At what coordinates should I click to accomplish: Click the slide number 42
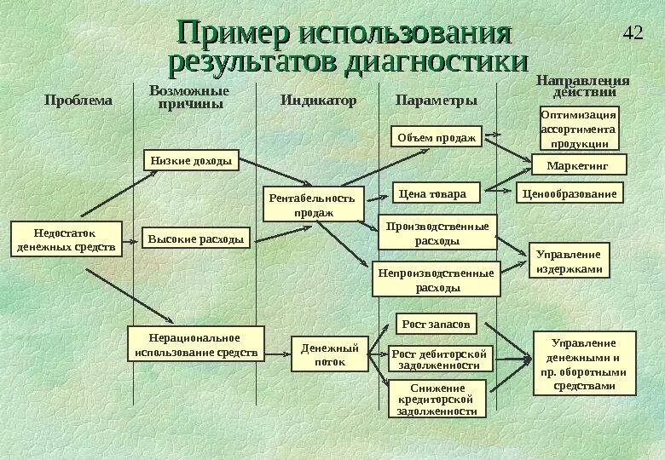pos(633,34)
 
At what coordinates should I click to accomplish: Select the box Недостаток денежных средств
pos(66,239)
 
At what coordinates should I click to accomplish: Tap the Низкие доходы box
pos(191,161)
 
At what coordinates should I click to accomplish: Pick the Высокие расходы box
pos(196,239)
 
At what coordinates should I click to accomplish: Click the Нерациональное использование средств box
pos(195,345)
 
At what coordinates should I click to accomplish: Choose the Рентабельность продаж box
pos(313,204)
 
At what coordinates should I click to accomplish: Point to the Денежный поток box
pos(330,354)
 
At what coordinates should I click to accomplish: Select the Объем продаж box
pos(437,137)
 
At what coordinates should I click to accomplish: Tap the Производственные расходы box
pos(437,233)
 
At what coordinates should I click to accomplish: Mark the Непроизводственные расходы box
pos(437,280)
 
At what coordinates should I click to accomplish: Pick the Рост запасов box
pos(437,325)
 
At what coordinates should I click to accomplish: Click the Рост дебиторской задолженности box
pos(441,359)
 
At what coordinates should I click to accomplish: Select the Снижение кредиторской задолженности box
pos(437,399)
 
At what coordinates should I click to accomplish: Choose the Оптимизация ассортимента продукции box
pos(580,129)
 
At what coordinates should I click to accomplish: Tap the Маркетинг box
pos(580,164)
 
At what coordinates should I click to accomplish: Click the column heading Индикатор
pos(318,101)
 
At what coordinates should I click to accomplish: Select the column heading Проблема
pos(78,101)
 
